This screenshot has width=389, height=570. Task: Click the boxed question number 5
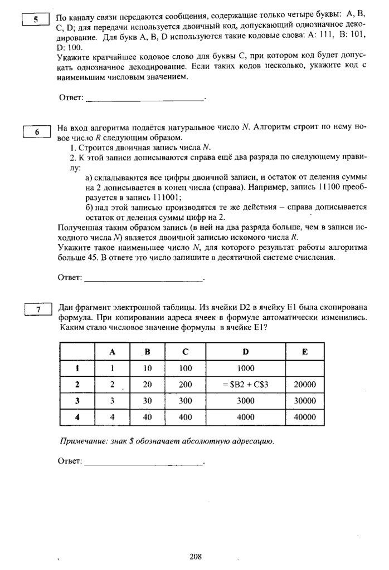tap(36, 20)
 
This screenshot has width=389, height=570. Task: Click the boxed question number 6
tap(37, 132)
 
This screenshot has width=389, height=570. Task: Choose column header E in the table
tap(304, 352)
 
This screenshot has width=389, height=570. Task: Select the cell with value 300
tap(186, 400)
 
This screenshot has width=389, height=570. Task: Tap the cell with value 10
tap(148, 368)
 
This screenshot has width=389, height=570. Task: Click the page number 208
tap(194, 556)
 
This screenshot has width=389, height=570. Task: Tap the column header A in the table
tap(112, 352)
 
